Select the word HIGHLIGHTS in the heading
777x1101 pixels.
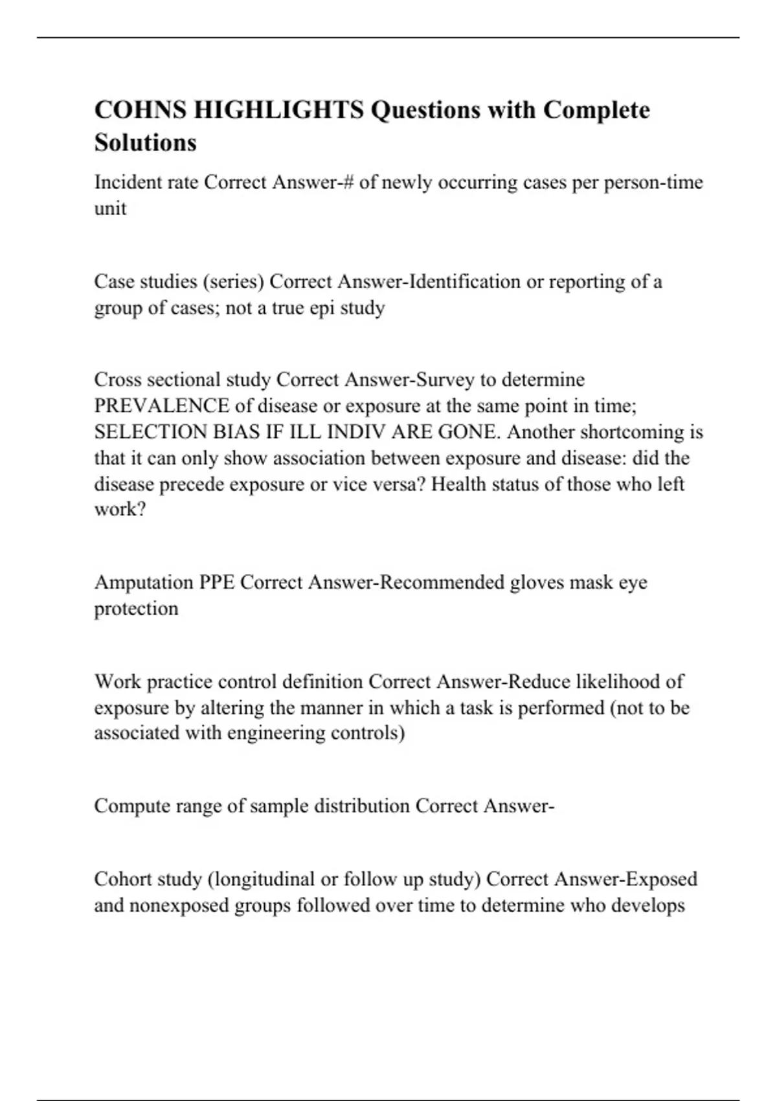(x=278, y=110)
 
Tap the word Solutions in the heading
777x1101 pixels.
(x=145, y=142)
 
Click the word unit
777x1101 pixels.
(x=110, y=209)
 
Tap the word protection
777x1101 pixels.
(x=136, y=609)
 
